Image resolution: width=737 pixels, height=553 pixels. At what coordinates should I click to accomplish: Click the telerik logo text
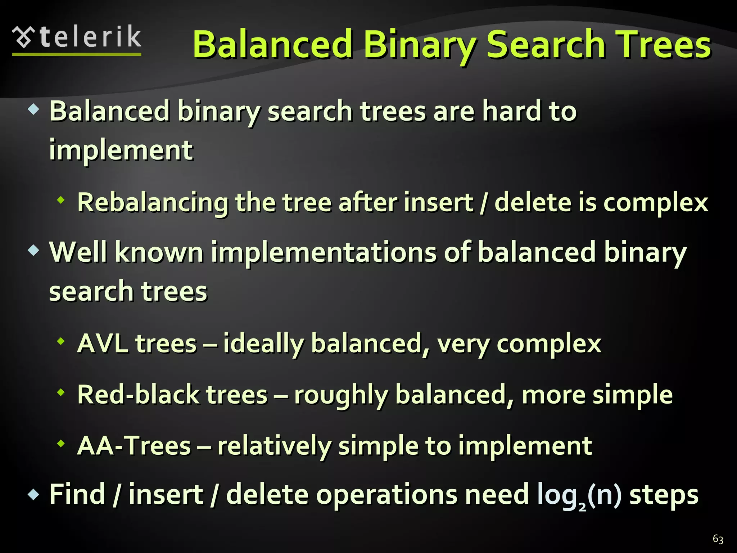coord(90,37)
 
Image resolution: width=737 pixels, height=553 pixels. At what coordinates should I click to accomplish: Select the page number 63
coord(718,539)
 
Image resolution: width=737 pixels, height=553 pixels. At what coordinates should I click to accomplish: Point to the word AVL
coord(103,343)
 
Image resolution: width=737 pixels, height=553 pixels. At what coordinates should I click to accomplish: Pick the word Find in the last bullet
coord(77,494)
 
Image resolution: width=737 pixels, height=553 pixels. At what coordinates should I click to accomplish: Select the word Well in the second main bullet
coord(78,252)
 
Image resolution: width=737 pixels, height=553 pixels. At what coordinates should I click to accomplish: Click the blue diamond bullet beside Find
coord(33,495)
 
